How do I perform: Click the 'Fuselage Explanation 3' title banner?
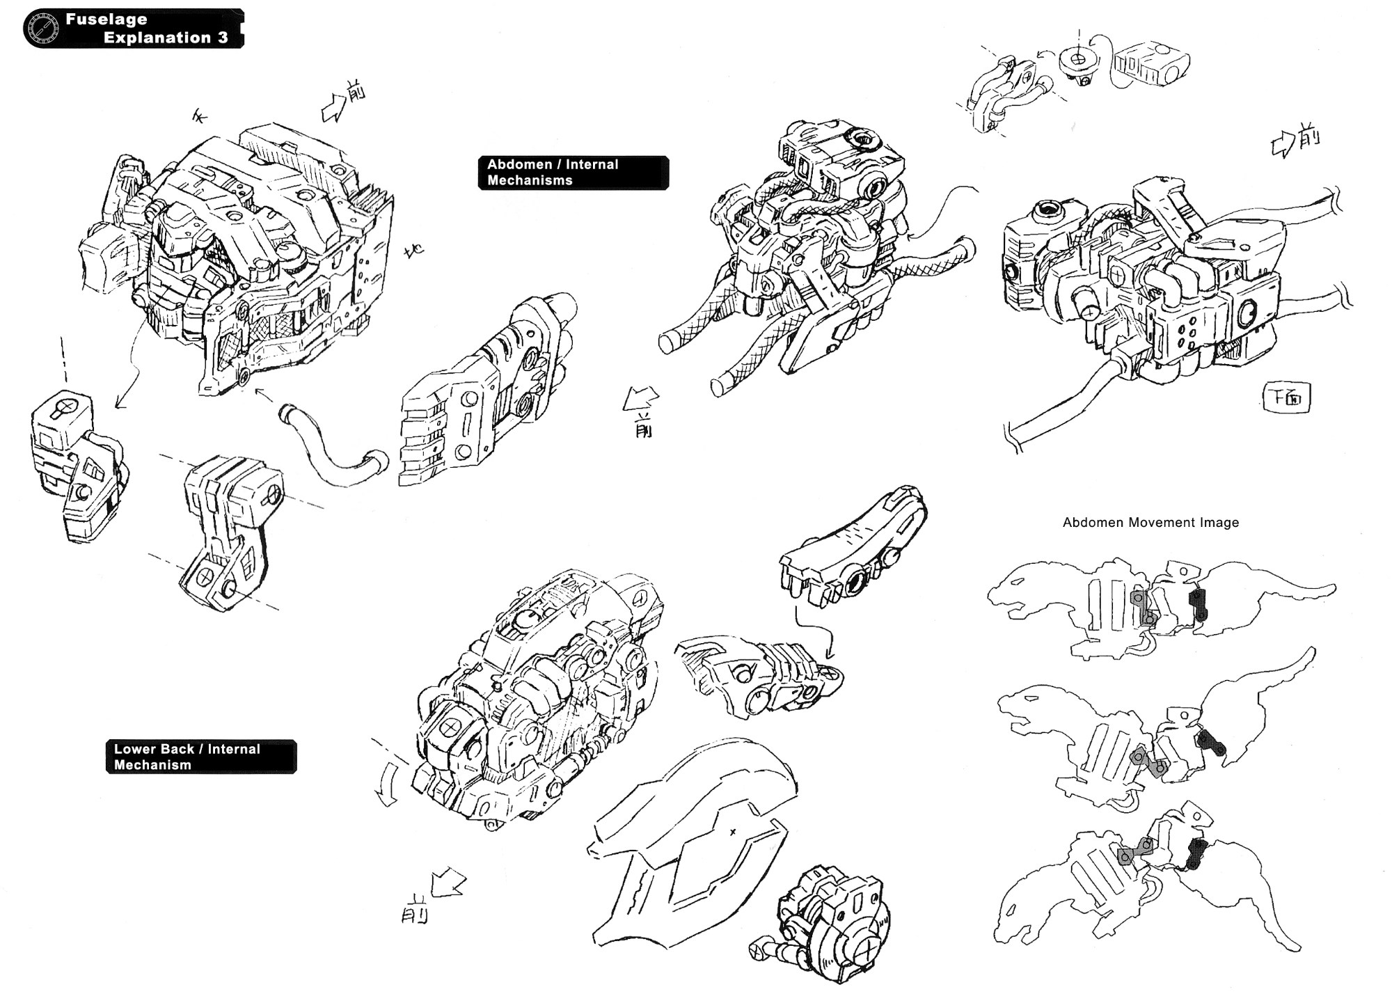[146, 29]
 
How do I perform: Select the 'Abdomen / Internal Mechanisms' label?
[572, 173]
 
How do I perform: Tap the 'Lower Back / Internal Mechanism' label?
[200, 757]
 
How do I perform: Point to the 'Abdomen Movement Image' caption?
[1150, 523]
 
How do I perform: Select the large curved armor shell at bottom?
[689, 842]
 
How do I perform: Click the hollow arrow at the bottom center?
[448, 883]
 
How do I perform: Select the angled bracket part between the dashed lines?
[230, 532]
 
